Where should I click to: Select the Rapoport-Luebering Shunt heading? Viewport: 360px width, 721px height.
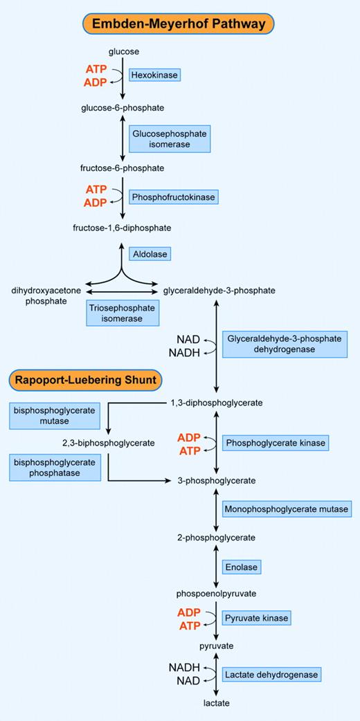tap(86, 379)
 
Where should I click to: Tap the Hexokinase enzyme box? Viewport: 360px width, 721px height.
tap(155, 74)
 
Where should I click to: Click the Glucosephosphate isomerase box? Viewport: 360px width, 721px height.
tap(170, 138)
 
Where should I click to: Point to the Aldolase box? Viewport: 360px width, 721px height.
tap(150, 254)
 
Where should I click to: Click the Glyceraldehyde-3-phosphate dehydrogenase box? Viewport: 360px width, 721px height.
tap(284, 344)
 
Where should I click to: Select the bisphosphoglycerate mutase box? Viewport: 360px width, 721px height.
tap(55, 415)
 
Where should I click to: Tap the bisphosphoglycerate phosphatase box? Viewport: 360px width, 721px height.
tap(55, 467)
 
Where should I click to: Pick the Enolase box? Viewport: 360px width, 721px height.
tap(241, 567)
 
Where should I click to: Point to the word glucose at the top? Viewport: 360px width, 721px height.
tap(124, 51)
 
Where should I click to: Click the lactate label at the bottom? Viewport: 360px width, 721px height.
tap(216, 702)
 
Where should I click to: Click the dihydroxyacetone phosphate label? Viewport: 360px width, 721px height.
tap(39, 296)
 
